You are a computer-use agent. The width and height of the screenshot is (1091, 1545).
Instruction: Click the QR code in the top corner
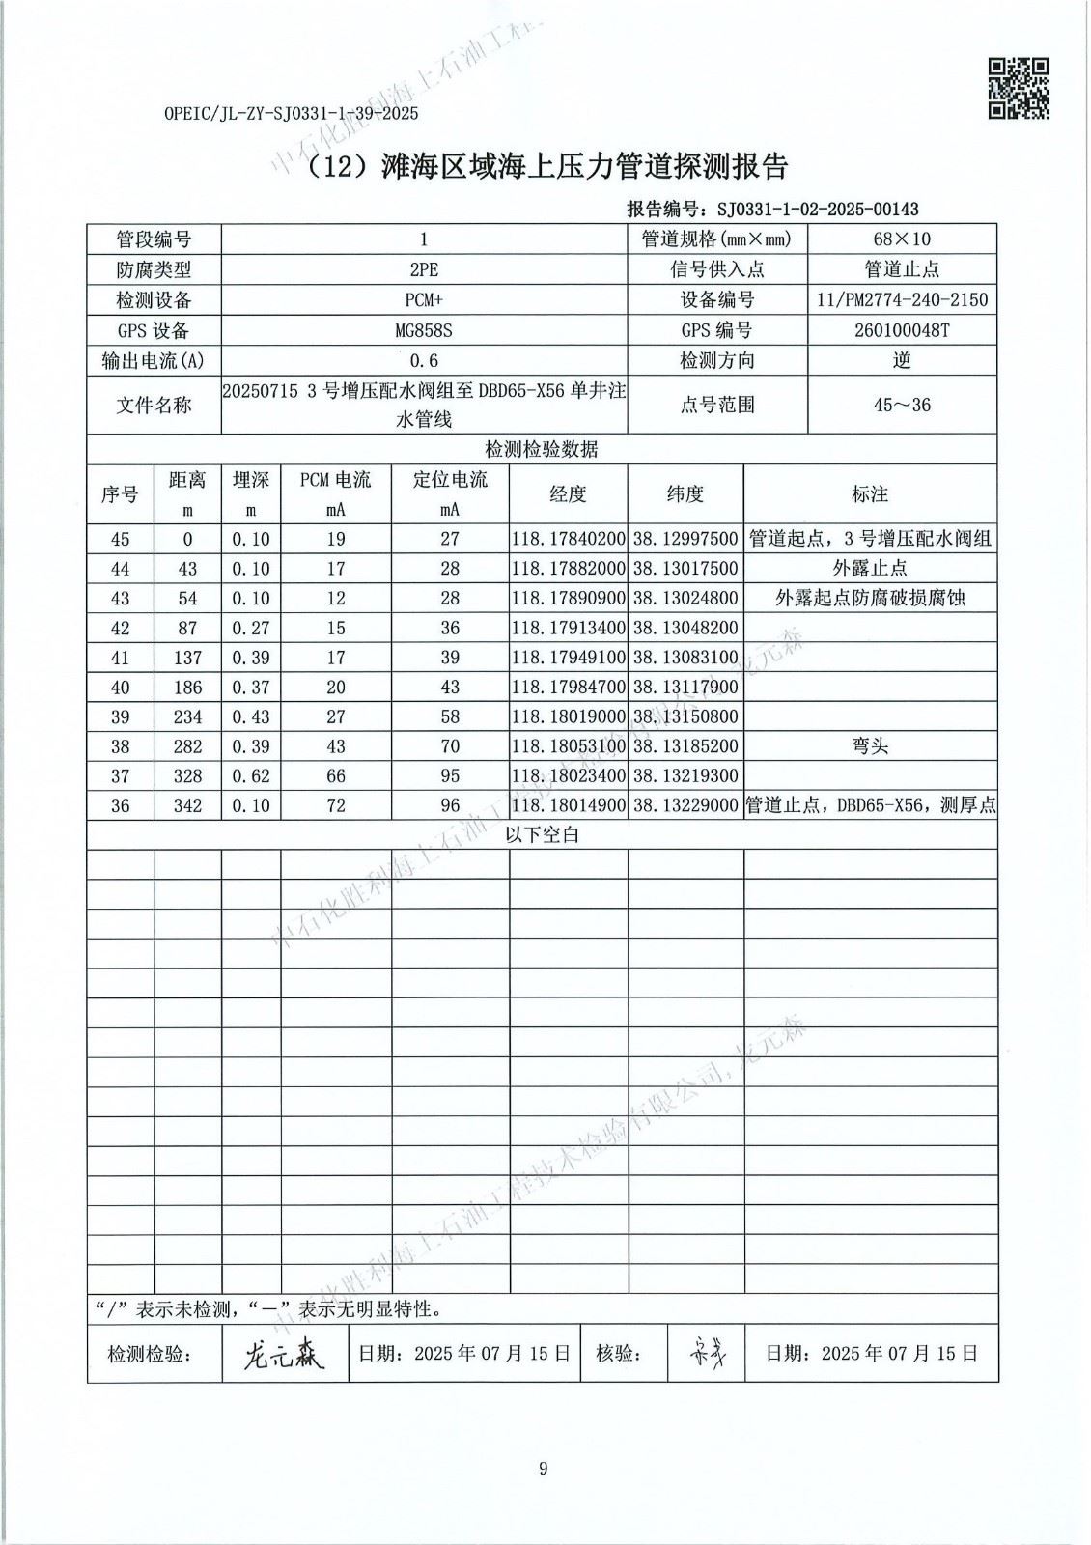coord(1020,89)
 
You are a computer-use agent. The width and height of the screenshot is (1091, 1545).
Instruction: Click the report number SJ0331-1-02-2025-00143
coord(814,209)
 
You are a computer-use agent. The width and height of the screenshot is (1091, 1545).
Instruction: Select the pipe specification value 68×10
coord(902,239)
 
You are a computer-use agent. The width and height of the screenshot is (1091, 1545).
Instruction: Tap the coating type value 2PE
coord(424,269)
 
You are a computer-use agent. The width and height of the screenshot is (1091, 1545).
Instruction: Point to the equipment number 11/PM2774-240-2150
coord(902,299)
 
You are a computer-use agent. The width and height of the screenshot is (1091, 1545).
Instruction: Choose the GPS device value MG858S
coord(424,330)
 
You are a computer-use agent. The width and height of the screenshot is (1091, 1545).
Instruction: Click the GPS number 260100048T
coord(902,330)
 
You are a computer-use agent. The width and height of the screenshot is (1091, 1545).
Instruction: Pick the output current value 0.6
coord(424,360)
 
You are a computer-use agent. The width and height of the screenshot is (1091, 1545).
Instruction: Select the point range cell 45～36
coord(902,405)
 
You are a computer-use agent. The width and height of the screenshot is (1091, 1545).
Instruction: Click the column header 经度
coord(568,494)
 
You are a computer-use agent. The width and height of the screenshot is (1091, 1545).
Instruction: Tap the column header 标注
coord(870,494)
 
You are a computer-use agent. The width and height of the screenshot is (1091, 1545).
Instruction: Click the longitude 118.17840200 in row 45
coord(569,539)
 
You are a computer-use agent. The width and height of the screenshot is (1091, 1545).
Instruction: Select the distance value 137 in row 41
coord(187,658)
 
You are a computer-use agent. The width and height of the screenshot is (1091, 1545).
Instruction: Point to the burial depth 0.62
coord(251,776)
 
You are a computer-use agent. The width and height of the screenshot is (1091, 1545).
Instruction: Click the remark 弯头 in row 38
coord(870,746)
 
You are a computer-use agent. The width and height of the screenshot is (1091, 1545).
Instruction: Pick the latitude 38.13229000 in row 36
coord(685,806)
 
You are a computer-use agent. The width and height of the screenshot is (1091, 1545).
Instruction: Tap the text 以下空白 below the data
coord(543,835)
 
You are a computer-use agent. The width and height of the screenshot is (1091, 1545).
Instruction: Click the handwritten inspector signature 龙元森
coord(284,1354)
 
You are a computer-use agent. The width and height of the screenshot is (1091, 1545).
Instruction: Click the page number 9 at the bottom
coord(544,1469)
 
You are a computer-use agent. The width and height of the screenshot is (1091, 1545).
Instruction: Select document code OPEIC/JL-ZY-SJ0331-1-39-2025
coord(291,114)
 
